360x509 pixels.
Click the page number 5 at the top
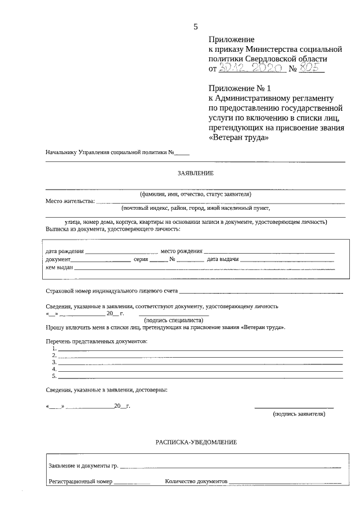click(x=195, y=26)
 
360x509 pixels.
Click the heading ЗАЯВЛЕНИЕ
click(x=195, y=173)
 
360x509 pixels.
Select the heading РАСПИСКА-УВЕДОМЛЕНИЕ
click(x=196, y=443)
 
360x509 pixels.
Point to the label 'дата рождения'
click(x=65, y=251)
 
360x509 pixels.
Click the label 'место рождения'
click(x=181, y=251)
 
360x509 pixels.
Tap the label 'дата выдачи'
click(x=223, y=259)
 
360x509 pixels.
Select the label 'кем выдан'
click(x=59, y=268)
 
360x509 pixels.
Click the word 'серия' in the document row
click(x=141, y=259)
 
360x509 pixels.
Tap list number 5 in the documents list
click(x=54, y=376)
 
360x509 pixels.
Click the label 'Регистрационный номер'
click(x=80, y=482)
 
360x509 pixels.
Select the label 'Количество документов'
click(x=196, y=482)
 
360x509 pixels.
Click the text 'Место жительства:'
click(x=70, y=201)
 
